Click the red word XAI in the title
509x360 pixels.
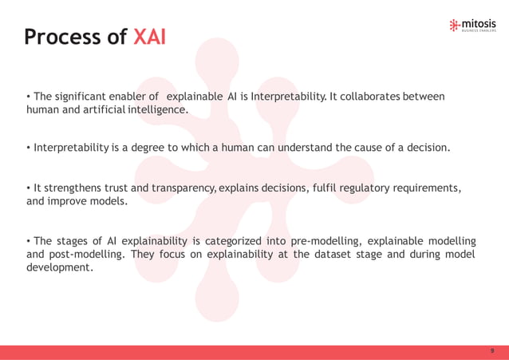[x=149, y=38]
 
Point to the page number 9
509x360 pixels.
[x=492, y=351]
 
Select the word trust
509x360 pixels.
[x=112, y=188]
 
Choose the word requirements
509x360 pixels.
[x=425, y=188]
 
